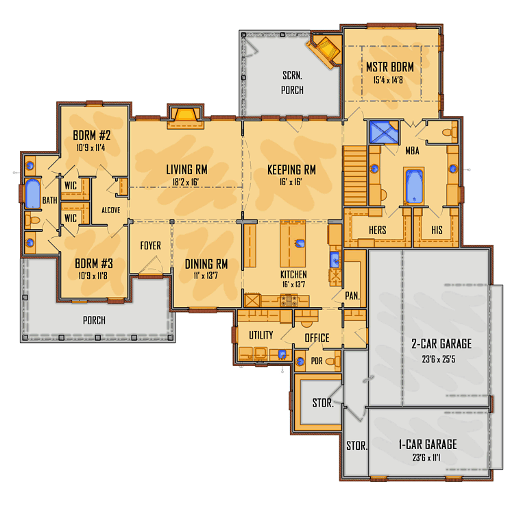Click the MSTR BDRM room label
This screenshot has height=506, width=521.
click(390, 67)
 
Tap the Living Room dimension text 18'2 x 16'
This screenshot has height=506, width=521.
click(185, 182)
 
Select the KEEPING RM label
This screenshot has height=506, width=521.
click(291, 170)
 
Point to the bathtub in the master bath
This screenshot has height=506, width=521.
click(414, 186)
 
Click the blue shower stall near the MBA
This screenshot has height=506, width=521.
click(384, 132)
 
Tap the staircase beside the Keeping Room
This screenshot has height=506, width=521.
click(355, 176)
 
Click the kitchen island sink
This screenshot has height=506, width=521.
click(300, 244)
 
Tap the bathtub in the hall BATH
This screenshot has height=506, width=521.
click(33, 193)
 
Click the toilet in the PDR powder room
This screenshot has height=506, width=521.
click(332, 361)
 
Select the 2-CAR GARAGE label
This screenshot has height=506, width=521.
click(441, 344)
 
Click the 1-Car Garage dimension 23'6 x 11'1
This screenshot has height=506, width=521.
click(426, 458)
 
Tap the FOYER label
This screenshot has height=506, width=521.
click(151, 245)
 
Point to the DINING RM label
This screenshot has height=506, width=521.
click(206, 264)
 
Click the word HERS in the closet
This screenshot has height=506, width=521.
click(378, 230)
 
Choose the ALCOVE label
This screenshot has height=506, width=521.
click(110, 210)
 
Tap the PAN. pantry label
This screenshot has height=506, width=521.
click(352, 296)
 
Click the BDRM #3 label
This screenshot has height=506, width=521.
click(94, 264)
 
